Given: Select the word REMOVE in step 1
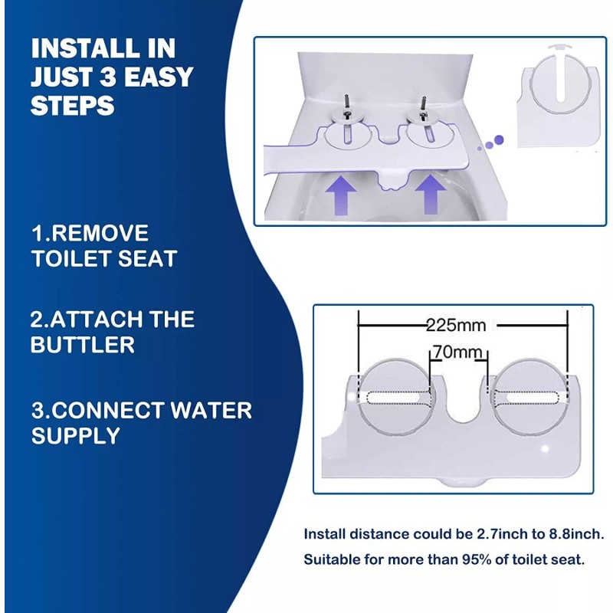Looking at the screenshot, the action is point(100,233).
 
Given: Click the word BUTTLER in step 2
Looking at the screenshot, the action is point(83,344).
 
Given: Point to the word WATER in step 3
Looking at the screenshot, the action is point(211,410).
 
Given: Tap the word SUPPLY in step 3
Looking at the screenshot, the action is point(75,435).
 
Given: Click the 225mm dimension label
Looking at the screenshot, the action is point(456,325).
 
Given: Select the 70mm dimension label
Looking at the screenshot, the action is point(457,352).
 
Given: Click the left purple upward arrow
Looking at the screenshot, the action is point(341,195).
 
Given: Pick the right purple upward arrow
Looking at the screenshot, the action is point(431,194).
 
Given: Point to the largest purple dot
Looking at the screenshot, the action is point(499,139).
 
